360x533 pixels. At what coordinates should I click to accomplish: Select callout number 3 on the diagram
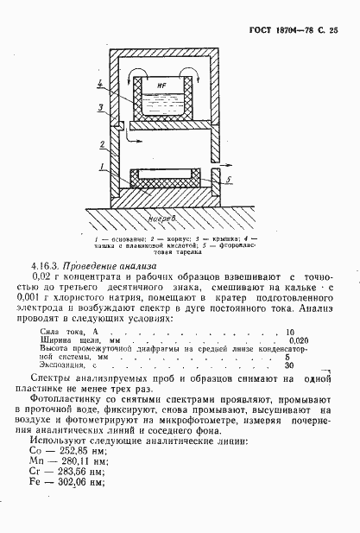(101, 107)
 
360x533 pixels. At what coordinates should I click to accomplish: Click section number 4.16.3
(47, 265)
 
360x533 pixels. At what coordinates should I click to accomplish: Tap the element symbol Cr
(37, 460)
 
